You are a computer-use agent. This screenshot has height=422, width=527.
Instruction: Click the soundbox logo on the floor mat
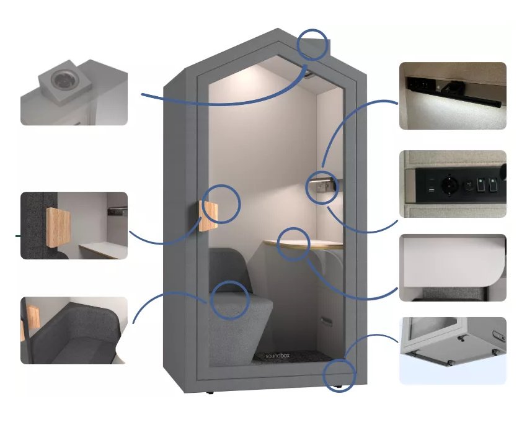click(278, 356)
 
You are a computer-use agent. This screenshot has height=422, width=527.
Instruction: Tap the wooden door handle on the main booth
click(208, 216)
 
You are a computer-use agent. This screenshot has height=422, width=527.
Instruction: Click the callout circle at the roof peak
click(312, 45)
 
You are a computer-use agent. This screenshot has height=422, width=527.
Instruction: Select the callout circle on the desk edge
click(293, 245)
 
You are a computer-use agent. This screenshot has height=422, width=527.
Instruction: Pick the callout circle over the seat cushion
click(230, 300)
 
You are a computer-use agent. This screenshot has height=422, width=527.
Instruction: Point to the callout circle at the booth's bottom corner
click(340, 375)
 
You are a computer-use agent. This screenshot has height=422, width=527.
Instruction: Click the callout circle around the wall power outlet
click(322, 187)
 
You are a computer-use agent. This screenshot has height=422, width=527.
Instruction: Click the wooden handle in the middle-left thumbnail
click(58, 227)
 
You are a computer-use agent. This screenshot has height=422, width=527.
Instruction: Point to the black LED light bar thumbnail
click(453, 96)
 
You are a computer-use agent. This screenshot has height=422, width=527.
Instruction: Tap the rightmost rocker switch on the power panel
click(492, 185)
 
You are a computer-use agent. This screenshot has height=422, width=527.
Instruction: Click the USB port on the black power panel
click(432, 191)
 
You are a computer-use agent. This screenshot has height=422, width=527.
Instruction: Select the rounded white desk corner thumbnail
click(453, 267)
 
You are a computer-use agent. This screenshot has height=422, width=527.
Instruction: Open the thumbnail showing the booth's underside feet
click(453, 351)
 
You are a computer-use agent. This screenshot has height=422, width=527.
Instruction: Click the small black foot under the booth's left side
click(210, 392)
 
